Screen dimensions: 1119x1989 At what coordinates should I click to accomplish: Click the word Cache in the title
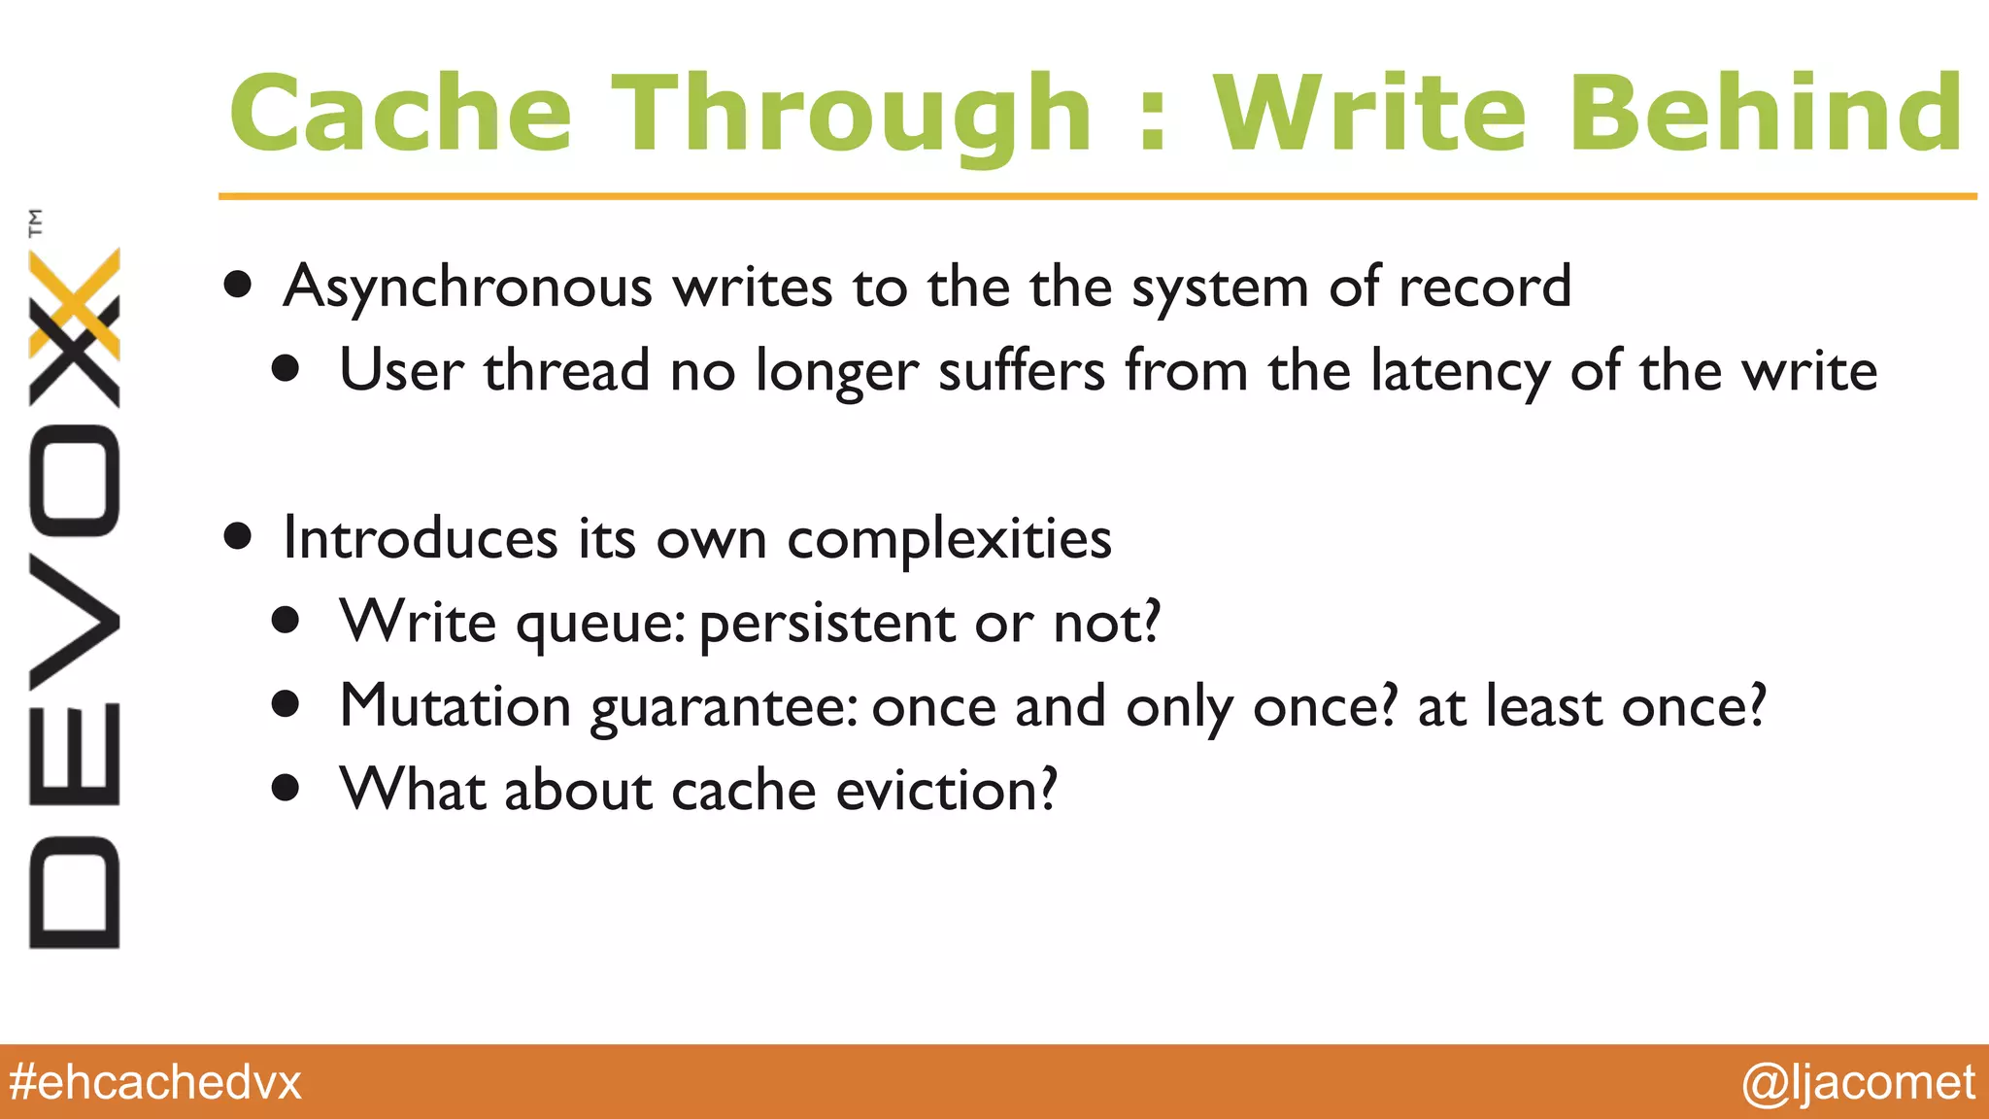[x=400, y=115]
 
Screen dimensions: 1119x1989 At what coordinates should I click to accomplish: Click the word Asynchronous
[x=468, y=288]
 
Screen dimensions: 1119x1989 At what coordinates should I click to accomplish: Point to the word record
[x=1484, y=288]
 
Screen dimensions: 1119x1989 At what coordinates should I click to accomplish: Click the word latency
[x=1460, y=373]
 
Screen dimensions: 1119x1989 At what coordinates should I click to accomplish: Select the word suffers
[x=1021, y=373]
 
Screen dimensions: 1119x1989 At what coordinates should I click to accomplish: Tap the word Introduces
[x=420, y=539]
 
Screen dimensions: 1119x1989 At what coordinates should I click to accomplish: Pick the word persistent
[x=826, y=624]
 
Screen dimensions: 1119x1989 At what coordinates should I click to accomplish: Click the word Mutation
[x=455, y=706]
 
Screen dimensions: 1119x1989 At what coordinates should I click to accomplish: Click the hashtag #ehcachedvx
[x=155, y=1082]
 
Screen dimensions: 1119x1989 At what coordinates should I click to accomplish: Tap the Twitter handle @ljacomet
[x=1857, y=1082]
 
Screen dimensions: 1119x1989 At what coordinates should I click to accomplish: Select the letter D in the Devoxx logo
[x=75, y=892]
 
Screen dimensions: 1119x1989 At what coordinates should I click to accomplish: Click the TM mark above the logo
[x=36, y=222]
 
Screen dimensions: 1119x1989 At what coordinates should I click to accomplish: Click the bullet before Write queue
[x=286, y=621]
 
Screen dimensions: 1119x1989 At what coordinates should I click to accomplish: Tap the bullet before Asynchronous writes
[x=238, y=286]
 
